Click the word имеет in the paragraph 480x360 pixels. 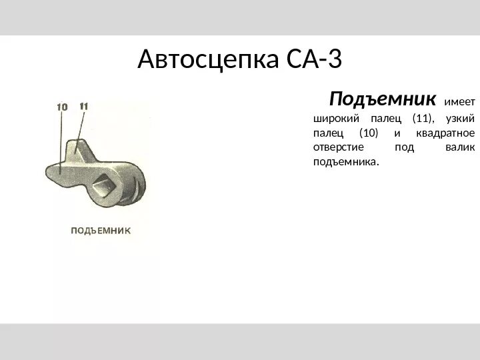coord(459,103)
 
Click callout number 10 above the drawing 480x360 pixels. coord(62,107)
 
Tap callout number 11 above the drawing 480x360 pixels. coord(84,106)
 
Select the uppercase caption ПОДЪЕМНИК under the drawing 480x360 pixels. coord(100,231)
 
